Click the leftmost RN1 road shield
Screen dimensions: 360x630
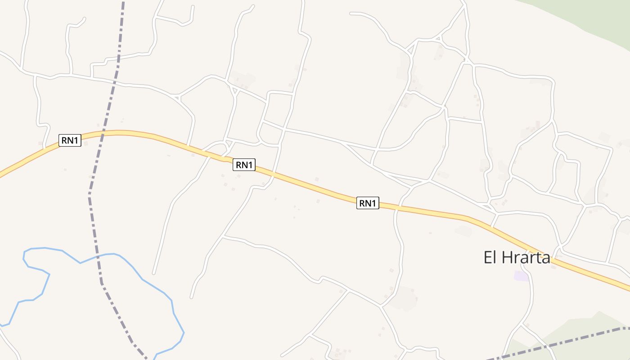70,140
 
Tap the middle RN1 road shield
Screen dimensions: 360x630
244,165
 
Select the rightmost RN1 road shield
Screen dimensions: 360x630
368,203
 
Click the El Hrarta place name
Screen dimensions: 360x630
517,258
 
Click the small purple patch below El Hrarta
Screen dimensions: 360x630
522,276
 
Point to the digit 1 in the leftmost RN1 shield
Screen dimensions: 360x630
76,140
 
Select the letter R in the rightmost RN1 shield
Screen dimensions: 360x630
362,203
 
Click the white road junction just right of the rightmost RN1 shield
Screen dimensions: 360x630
396,207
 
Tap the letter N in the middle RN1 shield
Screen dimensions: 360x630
244,165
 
